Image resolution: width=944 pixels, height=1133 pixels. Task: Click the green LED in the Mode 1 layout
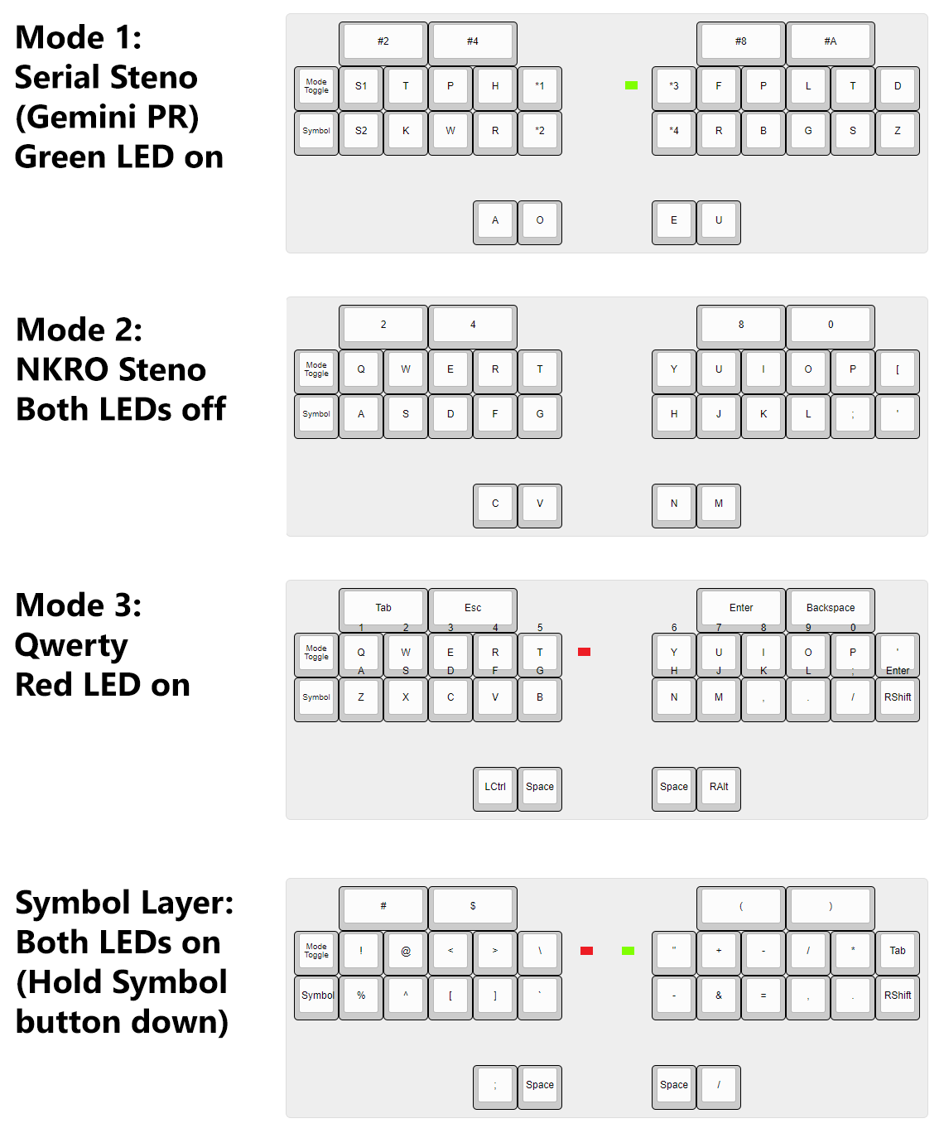coord(631,85)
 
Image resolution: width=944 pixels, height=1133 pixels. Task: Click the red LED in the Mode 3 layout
coord(584,652)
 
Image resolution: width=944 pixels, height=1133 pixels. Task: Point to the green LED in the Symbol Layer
coord(628,951)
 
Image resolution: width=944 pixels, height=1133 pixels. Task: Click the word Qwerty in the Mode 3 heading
coord(71,646)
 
